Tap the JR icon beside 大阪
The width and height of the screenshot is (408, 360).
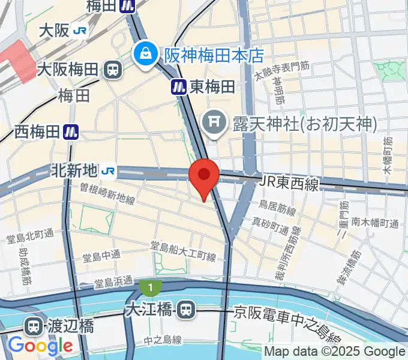tap(79, 31)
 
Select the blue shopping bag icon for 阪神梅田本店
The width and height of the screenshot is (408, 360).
tap(145, 55)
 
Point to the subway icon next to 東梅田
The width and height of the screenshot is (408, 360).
tap(178, 87)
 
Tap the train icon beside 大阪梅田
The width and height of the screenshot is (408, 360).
tap(112, 70)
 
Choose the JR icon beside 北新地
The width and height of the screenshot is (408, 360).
tap(109, 172)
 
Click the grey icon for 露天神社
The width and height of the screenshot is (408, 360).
tap(212, 124)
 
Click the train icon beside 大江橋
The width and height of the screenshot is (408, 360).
tap(186, 310)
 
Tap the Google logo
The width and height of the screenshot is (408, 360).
tap(40, 346)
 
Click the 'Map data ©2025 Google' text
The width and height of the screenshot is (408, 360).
tap(335, 352)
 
